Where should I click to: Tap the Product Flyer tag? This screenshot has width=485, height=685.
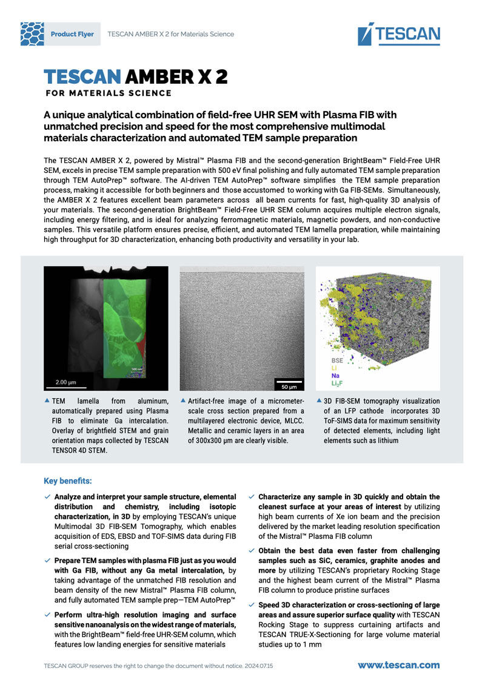(x=72, y=34)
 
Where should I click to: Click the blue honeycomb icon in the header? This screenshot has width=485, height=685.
(x=32, y=34)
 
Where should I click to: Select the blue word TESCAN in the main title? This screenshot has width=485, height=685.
(x=82, y=76)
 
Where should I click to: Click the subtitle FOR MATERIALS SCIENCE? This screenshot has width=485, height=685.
(x=109, y=93)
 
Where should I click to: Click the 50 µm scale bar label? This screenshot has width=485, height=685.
(x=289, y=386)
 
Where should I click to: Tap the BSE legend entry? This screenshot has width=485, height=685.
(x=337, y=360)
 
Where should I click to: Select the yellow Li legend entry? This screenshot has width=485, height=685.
(x=334, y=368)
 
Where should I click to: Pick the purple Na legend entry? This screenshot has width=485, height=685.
(x=335, y=376)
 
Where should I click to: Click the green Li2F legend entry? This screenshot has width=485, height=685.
(x=337, y=384)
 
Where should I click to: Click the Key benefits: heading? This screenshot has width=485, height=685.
(x=68, y=481)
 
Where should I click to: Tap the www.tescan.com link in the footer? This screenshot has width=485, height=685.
(x=398, y=665)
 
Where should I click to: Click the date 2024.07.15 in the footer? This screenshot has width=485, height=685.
(x=258, y=666)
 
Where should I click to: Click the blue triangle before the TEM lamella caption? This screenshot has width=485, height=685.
(x=47, y=401)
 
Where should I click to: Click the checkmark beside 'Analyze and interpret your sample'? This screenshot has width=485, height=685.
(x=47, y=497)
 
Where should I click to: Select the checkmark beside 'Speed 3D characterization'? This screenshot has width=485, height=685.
(x=252, y=606)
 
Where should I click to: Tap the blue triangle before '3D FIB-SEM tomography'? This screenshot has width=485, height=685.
(x=319, y=401)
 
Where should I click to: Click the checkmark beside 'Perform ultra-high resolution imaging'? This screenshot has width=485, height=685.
(x=47, y=615)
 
